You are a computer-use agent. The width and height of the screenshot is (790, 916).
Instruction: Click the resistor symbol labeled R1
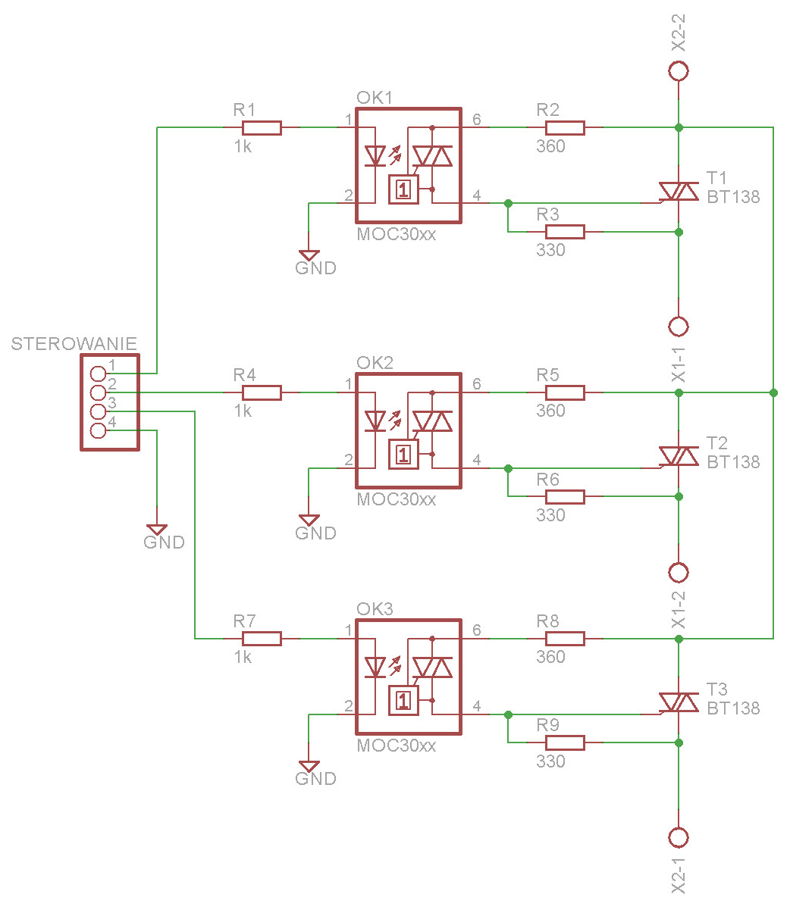click(262, 127)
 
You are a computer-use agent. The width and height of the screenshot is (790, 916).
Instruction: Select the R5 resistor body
click(565, 392)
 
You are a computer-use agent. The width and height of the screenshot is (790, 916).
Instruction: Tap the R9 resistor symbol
click(565, 742)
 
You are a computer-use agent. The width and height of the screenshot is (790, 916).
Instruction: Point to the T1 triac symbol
click(678, 192)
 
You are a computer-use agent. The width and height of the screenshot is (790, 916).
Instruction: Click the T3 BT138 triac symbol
click(678, 702)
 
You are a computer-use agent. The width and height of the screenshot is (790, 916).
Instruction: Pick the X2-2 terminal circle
click(679, 71)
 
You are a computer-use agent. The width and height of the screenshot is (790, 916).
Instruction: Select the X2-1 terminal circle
click(679, 837)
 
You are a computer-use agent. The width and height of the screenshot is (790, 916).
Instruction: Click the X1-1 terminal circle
click(679, 327)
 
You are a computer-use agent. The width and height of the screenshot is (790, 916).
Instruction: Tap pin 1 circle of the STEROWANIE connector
click(98, 374)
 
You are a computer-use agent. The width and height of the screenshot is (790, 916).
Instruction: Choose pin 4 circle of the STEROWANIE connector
click(98, 430)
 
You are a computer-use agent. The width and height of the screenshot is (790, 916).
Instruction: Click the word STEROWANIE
click(74, 344)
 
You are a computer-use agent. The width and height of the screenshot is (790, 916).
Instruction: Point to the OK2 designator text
click(375, 362)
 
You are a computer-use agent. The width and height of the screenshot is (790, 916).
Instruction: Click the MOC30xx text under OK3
click(396, 746)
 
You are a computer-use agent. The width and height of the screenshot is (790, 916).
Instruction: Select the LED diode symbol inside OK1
click(375, 156)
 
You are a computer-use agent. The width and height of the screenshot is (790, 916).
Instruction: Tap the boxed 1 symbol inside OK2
click(403, 455)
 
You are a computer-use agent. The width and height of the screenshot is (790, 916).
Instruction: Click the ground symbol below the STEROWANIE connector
click(157, 530)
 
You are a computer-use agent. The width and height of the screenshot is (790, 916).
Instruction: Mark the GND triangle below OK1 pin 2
click(309, 255)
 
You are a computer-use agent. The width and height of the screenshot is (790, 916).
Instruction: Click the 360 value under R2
click(550, 146)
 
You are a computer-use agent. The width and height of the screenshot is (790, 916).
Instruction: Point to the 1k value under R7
click(243, 657)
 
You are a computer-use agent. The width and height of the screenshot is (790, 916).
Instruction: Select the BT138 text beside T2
click(733, 462)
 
